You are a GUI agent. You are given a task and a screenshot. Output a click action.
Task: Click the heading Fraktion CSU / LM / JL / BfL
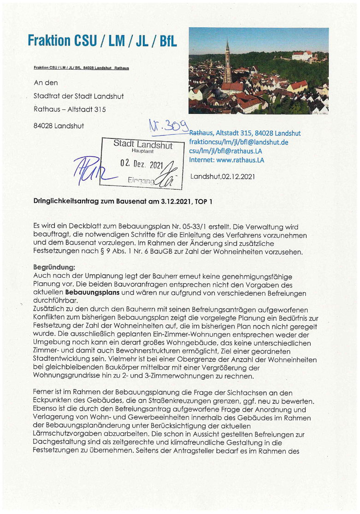(x=102, y=41)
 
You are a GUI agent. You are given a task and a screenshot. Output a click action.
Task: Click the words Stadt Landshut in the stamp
(x=143, y=145)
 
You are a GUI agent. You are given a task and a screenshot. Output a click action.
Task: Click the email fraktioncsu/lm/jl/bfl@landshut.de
(x=239, y=142)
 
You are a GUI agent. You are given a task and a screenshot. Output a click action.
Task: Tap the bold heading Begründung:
(x=54, y=267)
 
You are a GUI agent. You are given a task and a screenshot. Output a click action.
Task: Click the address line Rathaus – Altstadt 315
(x=70, y=109)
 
